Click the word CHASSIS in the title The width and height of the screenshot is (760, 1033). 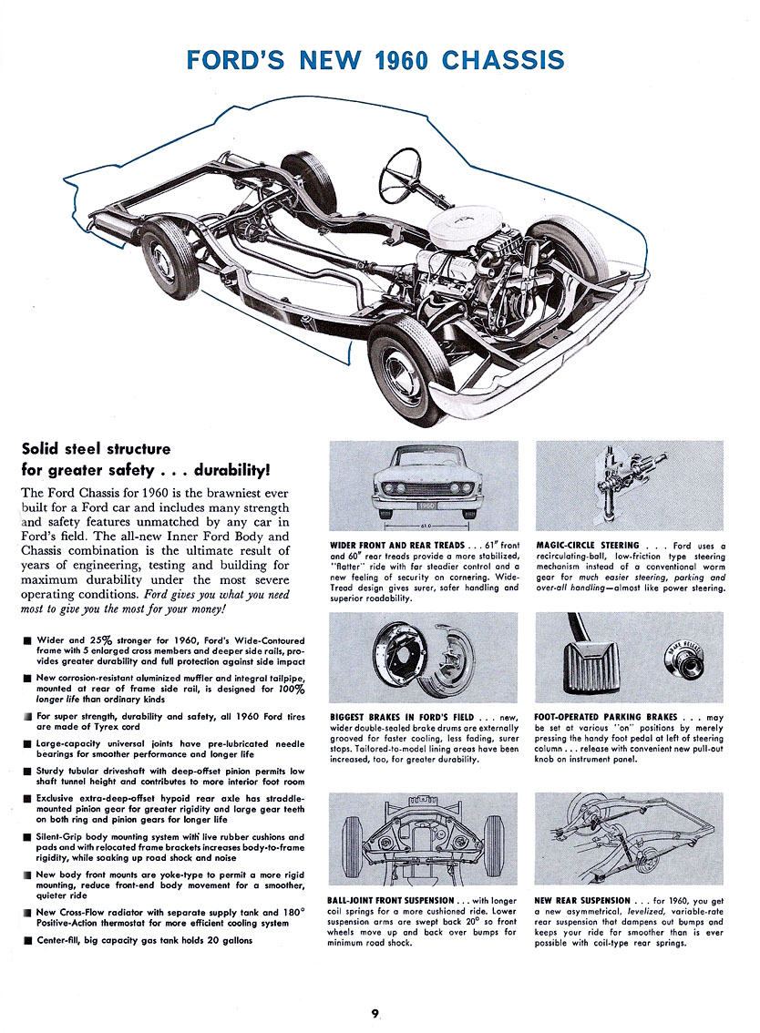tap(503, 60)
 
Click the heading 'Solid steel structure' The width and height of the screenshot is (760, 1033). tap(96, 448)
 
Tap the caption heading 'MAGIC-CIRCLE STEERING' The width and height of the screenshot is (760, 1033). tap(588, 546)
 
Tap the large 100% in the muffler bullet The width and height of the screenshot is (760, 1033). tap(291, 690)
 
